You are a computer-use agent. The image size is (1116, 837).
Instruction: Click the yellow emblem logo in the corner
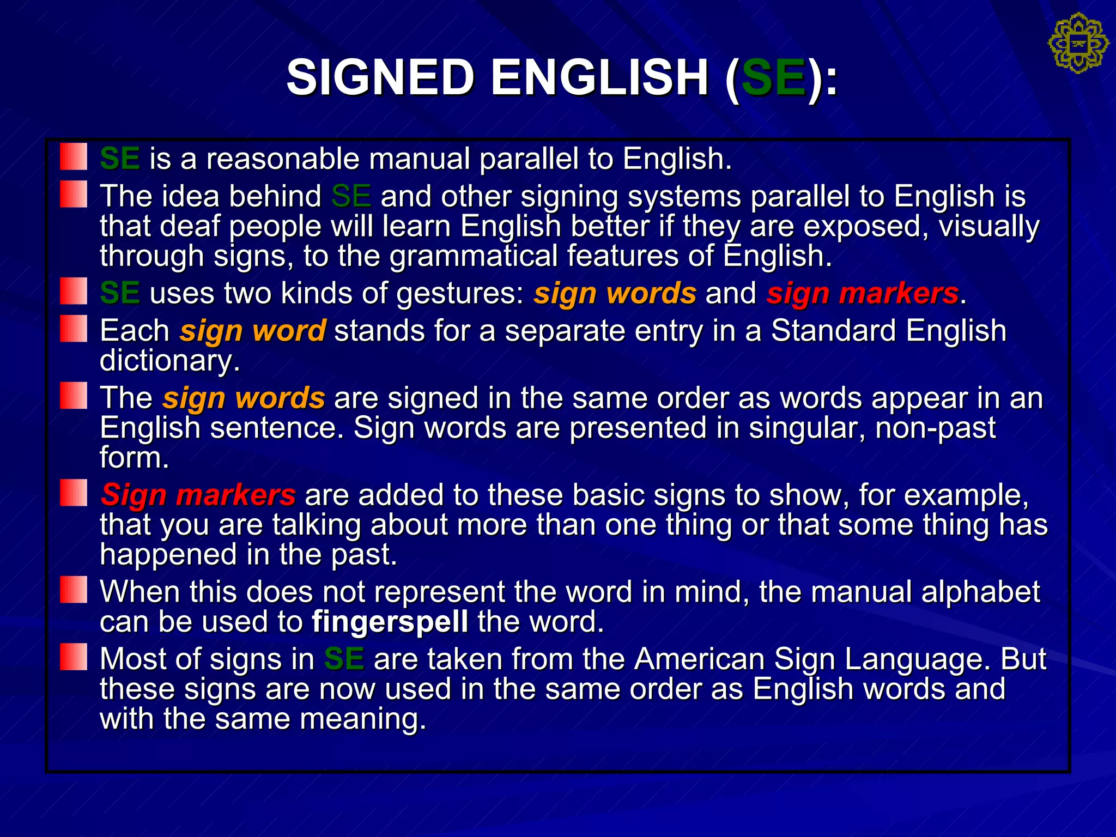click(1078, 44)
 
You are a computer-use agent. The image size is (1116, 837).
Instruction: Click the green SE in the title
click(773, 77)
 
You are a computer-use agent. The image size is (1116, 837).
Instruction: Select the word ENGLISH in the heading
click(599, 77)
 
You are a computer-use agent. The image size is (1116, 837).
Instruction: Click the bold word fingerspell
click(390, 622)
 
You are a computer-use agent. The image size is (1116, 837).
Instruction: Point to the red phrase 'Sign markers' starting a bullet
click(198, 495)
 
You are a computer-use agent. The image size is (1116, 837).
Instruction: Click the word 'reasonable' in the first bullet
click(283, 159)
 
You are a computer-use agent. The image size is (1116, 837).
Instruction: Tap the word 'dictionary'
click(169, 361)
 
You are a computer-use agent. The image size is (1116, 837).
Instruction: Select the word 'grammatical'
click(474, 256)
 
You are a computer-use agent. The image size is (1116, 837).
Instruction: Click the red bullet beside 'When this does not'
click(74, 590)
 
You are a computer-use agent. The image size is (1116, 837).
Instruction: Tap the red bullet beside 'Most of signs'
click(74, 657)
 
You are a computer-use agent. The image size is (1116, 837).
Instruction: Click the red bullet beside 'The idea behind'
click(74, 195)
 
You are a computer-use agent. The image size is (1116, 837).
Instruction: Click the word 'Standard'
click(834, 331)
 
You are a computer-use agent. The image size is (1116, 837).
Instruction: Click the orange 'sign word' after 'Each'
click(253, 331)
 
